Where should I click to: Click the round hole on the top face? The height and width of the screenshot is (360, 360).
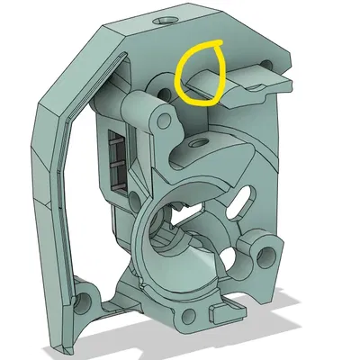(166, 19)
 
